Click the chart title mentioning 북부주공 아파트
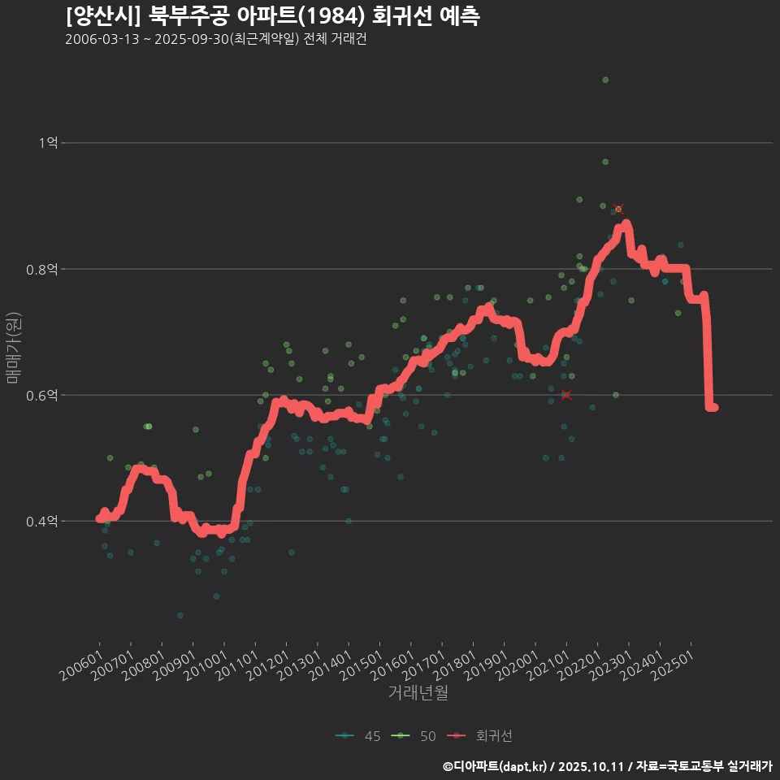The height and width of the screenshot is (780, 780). point(272,15)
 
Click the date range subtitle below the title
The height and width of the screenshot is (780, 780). point(215,39)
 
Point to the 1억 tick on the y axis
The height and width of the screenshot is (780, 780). point(48,143)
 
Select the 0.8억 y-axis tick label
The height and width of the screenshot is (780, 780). point(43,269)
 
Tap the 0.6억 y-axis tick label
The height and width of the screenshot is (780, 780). point(43,395)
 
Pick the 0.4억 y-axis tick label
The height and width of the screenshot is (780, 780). point(43,521)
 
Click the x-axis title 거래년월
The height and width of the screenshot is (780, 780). point(418,692)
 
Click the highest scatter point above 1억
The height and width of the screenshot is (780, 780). point(605,80)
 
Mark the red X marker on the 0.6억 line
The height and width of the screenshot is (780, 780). point(566,395)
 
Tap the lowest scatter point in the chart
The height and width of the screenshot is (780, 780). point(180,615)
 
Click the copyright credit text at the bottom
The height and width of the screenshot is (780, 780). point(607,765)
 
